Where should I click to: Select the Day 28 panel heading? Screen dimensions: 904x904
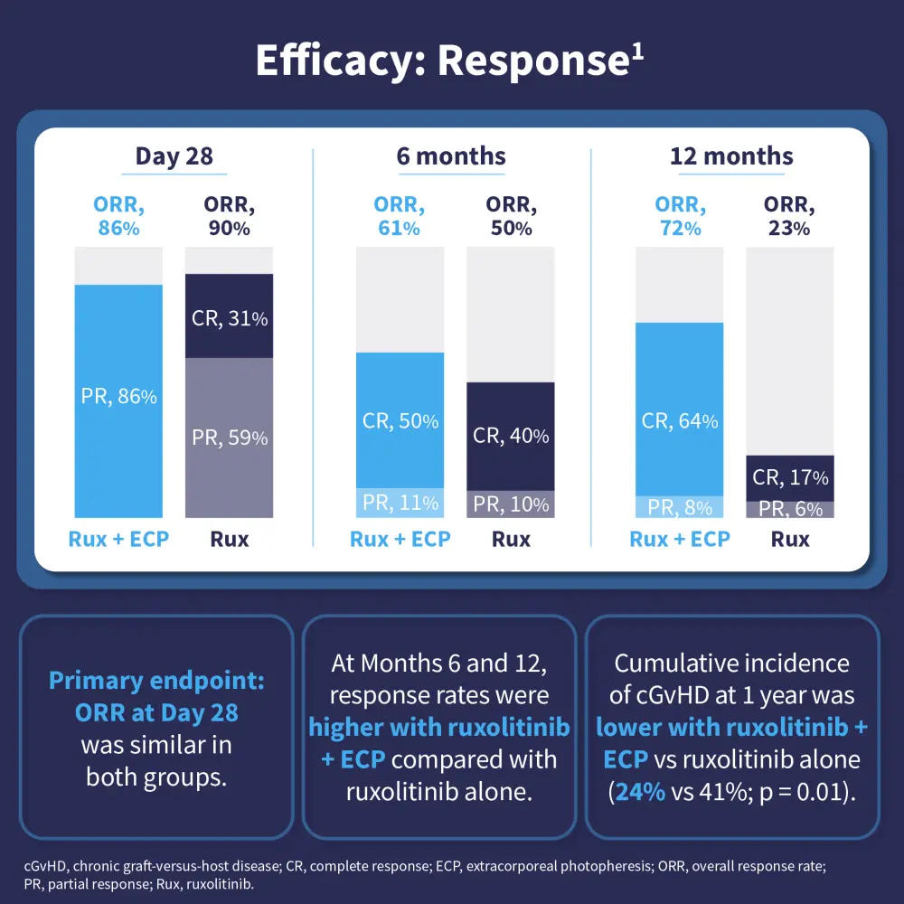(x=174, y=155)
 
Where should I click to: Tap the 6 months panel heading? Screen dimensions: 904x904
(x=451, y=155)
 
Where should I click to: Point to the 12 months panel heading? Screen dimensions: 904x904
(x=731, y=155)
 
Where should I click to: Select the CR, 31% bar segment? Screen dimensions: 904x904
(x=230, y=316)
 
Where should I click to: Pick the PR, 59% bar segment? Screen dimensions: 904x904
(x=230, y=438)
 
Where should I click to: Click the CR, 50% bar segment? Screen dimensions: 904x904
(x=400, y=420)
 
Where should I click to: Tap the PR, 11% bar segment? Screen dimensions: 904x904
(x=400, y=503)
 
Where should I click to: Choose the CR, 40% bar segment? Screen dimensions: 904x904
(x=511, y=436)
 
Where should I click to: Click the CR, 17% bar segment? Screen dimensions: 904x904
(x=790, y=477)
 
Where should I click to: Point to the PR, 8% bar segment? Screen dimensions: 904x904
(x=680, y=507)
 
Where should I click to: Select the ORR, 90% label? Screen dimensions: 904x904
(x=230, y=217)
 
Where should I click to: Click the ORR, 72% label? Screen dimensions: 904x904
(x=680, y=217)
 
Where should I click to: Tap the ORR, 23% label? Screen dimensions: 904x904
(x=790, y=217)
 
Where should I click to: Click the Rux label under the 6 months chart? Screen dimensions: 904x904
(x=511, y=540)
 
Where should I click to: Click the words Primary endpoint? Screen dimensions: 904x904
(x=156, y=681)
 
